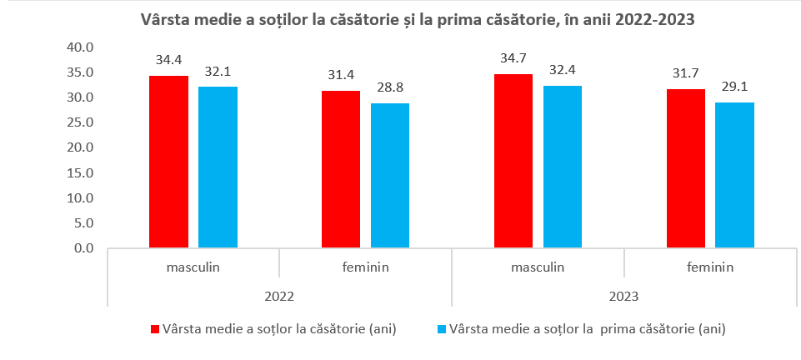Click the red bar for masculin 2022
pos(168,162)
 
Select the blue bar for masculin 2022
pos(218,167)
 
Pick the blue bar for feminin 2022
pos(390,176)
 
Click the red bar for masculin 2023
pos(513,161)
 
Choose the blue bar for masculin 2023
pos(563,167)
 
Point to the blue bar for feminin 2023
pos(735,175)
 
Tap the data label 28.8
pos(390,87)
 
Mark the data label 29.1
pos(735,86)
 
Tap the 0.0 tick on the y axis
pos(83,248)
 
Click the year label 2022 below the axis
pos(279,296)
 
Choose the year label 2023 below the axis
pos(624,296)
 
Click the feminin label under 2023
pos(710,267)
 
